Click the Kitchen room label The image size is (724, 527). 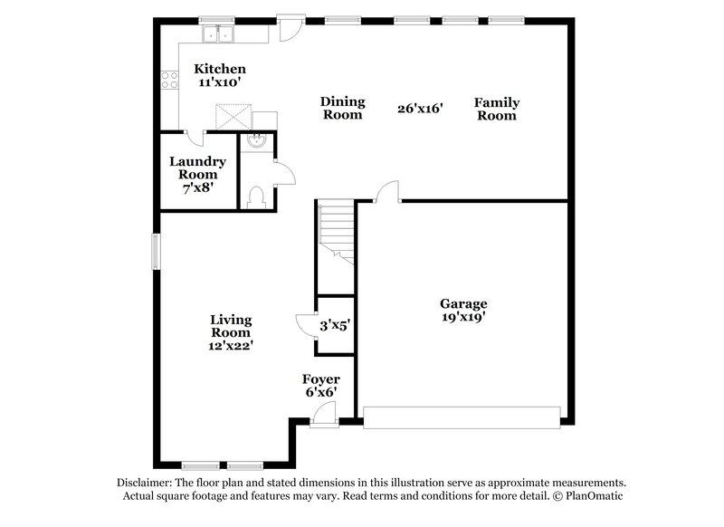coord(220,69)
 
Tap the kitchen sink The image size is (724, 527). coord(217,35)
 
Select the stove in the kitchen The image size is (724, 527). coord(167,80)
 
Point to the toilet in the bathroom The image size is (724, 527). coord(256,195)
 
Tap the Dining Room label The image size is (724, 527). coord(342,109)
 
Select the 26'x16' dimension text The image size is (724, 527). coord(419,109)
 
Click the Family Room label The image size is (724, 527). coord(496,109)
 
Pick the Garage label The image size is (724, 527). coord(463,303)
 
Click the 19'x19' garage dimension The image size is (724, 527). coord(463,318)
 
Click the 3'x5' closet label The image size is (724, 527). coord(334,324)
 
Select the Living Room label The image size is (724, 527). coord(231,326)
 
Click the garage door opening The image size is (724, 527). coord(462,417)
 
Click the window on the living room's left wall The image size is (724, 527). coord(155,251)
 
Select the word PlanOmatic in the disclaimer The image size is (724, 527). coord(595,496)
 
